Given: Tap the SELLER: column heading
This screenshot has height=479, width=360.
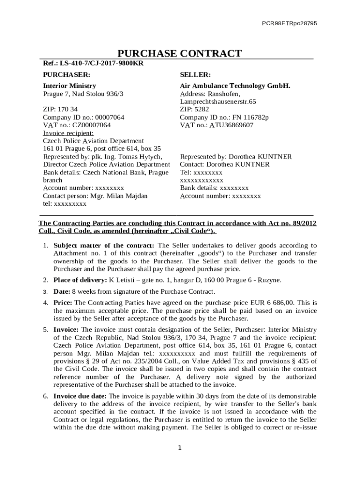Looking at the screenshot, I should tap(195, 74).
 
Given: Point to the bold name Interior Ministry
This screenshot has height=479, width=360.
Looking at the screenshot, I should tap(70, 86).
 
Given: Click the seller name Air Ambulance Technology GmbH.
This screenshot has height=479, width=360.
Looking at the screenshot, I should tap(235, 86).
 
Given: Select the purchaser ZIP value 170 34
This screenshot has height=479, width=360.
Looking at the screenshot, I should tap(68, 109).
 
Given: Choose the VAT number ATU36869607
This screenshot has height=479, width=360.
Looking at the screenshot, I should tap(230, 125).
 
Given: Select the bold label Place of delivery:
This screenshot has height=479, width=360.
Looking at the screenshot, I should tap(80, 280).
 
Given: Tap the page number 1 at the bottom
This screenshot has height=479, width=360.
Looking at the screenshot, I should tap(180, 448).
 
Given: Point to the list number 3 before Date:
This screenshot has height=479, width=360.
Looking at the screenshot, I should tap(45, 291).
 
